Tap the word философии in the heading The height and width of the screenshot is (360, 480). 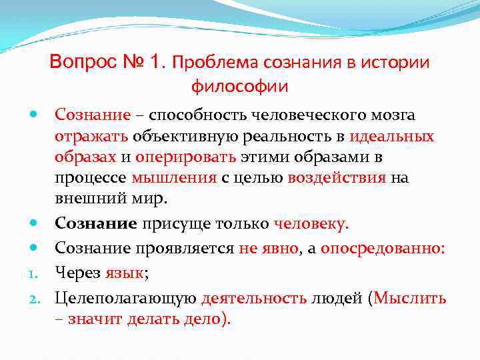coord(240,86)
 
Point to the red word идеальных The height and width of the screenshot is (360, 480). coord(393,137)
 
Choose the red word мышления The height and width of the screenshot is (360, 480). coord(174,179)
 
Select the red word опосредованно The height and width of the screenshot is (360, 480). coord(383,249)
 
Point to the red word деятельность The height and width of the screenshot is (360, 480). coord(255,298)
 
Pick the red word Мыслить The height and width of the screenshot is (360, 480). coord(410,298)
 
